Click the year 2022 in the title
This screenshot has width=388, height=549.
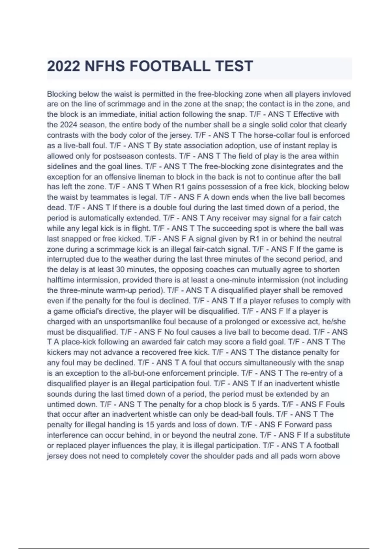[63, 67]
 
